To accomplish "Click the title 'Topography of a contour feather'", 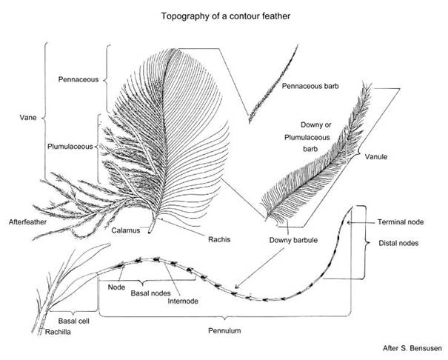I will click(224, 15).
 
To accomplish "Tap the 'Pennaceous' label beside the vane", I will click(78, 79).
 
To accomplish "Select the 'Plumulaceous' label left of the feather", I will click(75, 147).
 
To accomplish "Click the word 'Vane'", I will click(27, 117).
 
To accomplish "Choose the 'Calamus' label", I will click(127, 230).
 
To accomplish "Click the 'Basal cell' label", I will click(74, 321).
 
